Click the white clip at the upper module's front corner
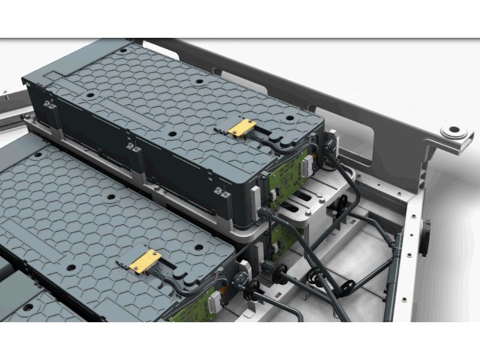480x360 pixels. point(255,198)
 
